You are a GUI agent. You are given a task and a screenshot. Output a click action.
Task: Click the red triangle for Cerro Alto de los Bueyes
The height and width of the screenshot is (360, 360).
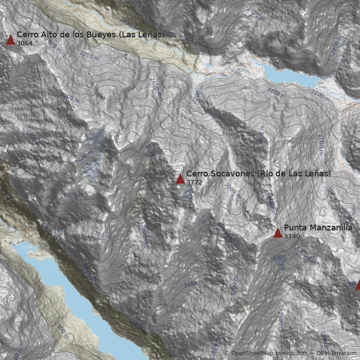(x=10, y=40)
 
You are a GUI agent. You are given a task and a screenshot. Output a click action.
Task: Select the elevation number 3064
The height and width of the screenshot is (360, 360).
(x=25, y=43)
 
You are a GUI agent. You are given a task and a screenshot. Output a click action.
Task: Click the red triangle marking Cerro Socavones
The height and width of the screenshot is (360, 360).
(x=180, y=179)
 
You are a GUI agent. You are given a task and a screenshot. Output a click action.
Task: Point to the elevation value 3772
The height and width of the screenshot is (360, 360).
(x=194, y=182)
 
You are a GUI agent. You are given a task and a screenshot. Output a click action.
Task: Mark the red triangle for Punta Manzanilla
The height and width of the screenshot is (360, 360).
(x=278, y=233)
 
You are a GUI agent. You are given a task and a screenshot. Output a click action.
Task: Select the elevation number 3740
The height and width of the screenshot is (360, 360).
(x=292, y=236)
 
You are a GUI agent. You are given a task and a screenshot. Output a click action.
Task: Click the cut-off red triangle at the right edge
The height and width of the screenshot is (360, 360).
(x=358, y=285)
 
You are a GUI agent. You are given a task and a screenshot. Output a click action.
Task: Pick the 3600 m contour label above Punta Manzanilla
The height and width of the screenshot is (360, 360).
(x=271, y=204)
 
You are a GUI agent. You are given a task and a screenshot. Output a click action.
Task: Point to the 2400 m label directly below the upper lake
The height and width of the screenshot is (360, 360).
(x=276, y=93)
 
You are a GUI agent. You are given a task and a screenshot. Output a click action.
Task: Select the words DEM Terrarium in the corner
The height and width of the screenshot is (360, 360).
(x=337, y=353)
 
